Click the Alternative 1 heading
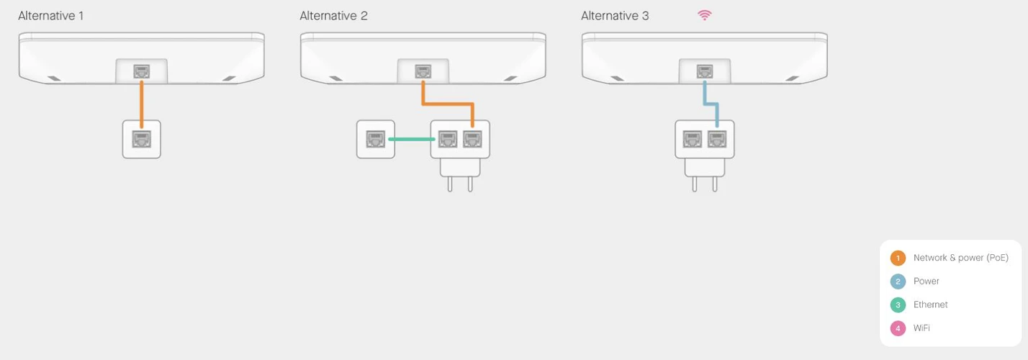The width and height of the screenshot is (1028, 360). click(x=50, y=16)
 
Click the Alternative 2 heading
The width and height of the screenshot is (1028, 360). click(x=333, y=16)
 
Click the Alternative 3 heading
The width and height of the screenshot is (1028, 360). click(x=615, y=16)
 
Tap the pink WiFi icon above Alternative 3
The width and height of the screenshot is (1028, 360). click(x=705, y=15)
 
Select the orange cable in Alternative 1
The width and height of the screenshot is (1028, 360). click(x=142, y=100)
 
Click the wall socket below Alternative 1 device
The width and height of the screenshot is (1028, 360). click(x=142, y=139)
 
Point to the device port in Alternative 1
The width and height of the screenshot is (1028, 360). click(x=142, y=71)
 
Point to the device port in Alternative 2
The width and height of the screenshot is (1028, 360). click(x=423, y=71)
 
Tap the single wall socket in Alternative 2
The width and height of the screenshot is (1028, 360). click(x=376, y=139)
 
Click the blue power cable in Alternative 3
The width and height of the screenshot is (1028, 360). click(x=711, y=104)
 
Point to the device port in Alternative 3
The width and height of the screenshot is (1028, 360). click(x=705, y=71)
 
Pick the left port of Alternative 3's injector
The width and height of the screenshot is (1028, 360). click(x=693, y=139)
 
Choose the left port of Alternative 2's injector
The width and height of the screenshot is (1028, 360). click(x=448, y=139)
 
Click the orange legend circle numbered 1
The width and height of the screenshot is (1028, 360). click(x=898, y=258)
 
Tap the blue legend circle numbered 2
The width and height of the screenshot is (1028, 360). click(x=898, y=282)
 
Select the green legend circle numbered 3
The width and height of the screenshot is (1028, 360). click(x=898, y=305)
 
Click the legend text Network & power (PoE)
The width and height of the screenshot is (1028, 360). click(x=960, y=258)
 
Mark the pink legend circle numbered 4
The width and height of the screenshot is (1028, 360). click(x=898, y=328)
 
